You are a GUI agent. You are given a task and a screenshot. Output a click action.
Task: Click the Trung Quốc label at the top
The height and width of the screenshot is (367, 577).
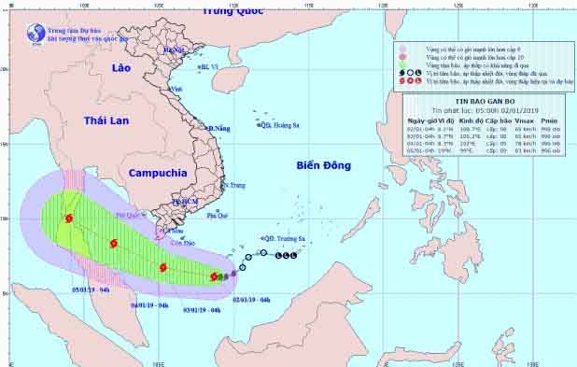[232, 11]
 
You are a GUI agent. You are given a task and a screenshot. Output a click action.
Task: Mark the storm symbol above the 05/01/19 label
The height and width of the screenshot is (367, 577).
[69, 219]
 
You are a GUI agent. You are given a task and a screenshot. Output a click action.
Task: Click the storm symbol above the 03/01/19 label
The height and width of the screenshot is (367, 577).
[162, 267]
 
